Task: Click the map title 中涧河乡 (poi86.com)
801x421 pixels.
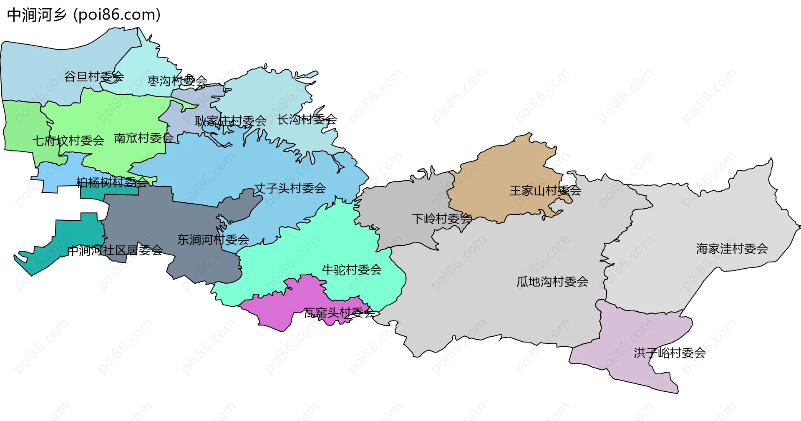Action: click(83, 15)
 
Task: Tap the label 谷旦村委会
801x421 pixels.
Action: click(94, 76)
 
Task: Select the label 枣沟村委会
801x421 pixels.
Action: click(177, 81)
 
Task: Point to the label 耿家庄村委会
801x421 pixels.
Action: click(230, 121)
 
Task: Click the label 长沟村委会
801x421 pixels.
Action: click(307, 119)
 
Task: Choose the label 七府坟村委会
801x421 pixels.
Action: click(68, 140)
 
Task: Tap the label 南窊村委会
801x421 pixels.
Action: click(144, 138)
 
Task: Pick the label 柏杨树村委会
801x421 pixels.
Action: click(112, 182)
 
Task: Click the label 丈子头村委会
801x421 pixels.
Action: click(290, 188)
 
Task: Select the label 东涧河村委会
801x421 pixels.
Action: click(213, 239)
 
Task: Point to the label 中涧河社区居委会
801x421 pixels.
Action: click(115, 250)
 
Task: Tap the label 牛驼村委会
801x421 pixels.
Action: click(352, 270)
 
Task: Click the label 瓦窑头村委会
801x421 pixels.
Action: click(339, 313)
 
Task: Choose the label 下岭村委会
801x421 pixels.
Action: click(442, 219)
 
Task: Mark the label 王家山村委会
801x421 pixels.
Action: click(545, 191)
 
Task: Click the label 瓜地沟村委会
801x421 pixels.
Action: click(552, 282)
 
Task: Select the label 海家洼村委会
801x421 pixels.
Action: click(732, 249)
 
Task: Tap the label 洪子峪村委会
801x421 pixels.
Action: click(670, 353)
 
